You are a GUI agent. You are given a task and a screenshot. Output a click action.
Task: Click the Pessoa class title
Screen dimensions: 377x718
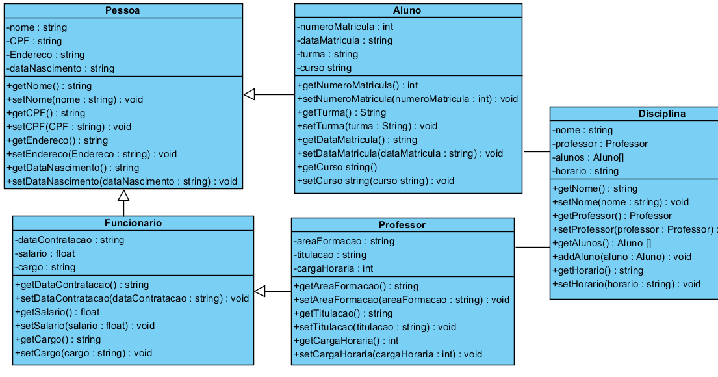[x=123, y=10]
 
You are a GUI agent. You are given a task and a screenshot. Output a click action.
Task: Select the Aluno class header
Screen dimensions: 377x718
[x=407, y=10]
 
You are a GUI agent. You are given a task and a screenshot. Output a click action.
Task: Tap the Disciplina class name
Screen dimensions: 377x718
[x=661, y=114]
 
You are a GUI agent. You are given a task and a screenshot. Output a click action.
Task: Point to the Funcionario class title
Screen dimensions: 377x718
[x=133, y=223]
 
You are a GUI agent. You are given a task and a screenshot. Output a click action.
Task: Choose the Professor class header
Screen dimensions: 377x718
[x=402, y=225]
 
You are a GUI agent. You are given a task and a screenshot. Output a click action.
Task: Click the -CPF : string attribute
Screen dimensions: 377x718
[x=34, y=41]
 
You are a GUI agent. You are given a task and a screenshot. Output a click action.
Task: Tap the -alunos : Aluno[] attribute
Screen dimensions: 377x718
[x=583, y=157]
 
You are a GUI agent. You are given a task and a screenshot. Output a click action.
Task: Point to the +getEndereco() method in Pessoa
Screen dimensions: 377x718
[x=57, y=140]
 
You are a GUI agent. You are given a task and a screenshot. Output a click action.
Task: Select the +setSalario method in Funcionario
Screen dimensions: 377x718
[x=85, y=326]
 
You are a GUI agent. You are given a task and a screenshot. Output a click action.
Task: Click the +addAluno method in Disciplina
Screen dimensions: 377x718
[x=622, y=257]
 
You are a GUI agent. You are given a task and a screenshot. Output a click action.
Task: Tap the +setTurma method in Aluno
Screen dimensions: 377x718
[x=367, y=126]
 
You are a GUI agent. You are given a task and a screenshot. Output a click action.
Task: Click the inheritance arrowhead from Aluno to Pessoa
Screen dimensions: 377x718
[x=250, y=95]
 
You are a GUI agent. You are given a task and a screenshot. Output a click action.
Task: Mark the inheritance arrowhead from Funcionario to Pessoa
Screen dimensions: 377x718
[x=123, y=195]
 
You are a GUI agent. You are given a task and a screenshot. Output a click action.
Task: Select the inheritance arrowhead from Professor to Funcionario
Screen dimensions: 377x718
[x=260, y=292]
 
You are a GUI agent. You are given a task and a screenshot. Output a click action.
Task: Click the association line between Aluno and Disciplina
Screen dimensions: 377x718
[x=536, y=151]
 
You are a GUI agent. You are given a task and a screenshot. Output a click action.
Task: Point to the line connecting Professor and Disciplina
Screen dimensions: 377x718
[x=532, y=248]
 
